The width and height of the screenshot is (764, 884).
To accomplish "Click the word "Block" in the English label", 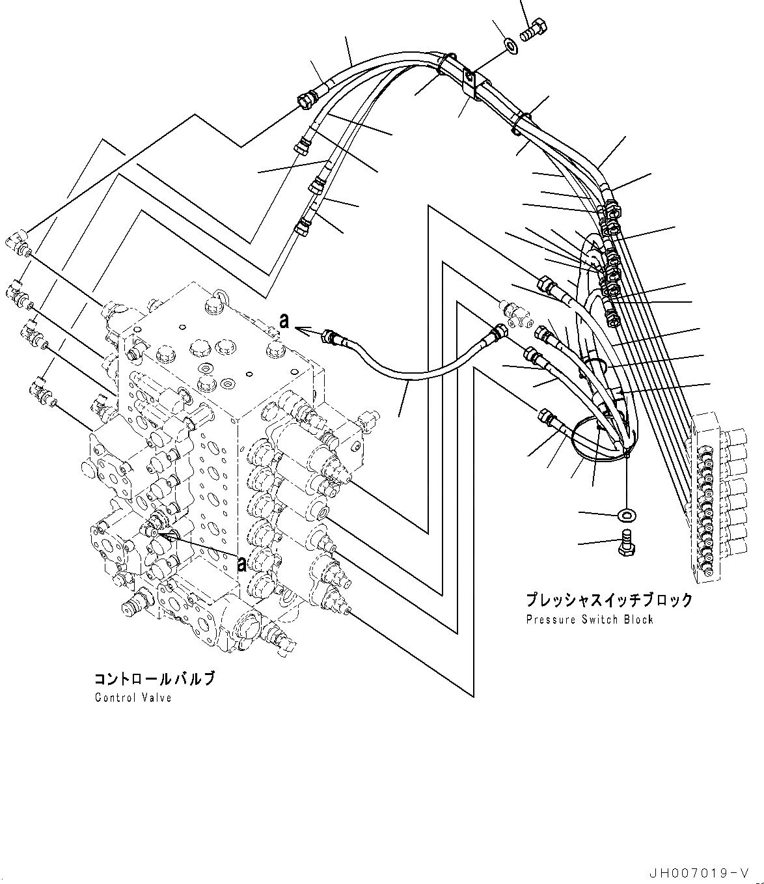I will [x=638, y=619].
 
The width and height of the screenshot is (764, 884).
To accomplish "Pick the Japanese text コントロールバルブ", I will [x=154, y=680].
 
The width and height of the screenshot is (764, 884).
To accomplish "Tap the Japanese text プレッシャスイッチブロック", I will [x=609, y=600].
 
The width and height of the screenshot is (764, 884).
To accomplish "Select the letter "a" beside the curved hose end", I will [x=283, y=320].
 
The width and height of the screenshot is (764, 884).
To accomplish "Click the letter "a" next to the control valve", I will [x=242, y=564].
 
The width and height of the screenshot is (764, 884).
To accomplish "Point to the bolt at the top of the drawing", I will [x=534, y=29].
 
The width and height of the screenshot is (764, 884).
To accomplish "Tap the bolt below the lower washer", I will [x=625, y=543].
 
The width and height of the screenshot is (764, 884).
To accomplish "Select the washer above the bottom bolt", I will [x=625, y=516].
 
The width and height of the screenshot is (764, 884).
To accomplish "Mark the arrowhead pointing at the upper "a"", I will [x=301, y=331].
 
